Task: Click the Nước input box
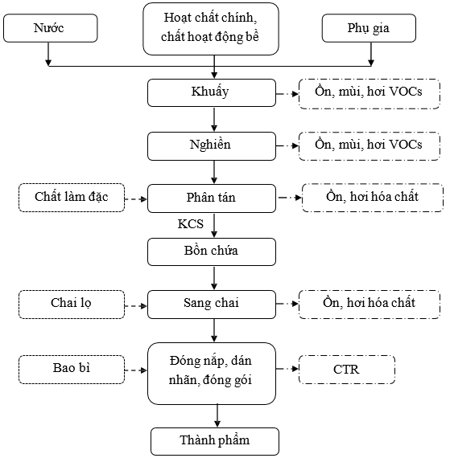[x=51, y=28]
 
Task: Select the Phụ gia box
[x=369, y=28]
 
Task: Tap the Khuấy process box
[x=212, y=92]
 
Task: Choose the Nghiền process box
[x=212, y=146]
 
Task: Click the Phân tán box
[x=212, y=198]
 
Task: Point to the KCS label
[x=191, y=224]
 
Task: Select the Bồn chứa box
[x=212, y=251]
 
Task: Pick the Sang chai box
[x=212, y=305]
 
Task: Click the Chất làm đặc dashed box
[x=72, y=198]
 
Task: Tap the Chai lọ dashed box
[x=72, y=305]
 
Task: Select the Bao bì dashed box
[x=72, y=370]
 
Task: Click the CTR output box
[x=347, y=370]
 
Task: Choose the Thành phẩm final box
[x=215, y=441]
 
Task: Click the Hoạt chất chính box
[x=211, y=29]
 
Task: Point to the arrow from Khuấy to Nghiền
[x=214, y=120]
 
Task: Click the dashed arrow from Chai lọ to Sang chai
[x=136, y=306]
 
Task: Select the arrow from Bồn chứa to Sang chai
[x=214, y=278]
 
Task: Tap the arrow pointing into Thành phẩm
[x=217, y=416]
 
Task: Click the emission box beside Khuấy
[x=369, y=94]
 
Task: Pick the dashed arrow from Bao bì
[x=136, y=370]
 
